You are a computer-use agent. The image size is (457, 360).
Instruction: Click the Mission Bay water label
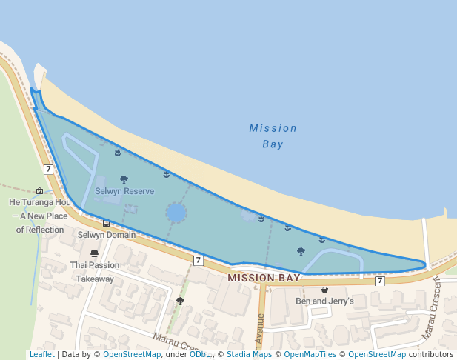[x=273, y=136]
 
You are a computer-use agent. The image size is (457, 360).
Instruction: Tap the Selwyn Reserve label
[x=124, y=191]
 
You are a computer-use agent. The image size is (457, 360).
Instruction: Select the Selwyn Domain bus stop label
[x=107, y=235]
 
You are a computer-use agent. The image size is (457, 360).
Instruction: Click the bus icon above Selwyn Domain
[x=107, y=224]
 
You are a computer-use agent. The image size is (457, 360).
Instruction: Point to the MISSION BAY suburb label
[x=264, y=278]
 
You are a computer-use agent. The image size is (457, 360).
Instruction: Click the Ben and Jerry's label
[x=325, y=301]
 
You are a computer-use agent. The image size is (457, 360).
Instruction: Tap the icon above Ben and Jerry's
[x=324, y=290]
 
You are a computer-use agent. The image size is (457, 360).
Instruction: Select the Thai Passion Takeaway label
[x=94, y=272]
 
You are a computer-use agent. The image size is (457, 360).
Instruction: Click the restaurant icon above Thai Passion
[x=94, y=254]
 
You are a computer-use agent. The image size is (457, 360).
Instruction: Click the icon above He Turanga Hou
[x=39, y=191]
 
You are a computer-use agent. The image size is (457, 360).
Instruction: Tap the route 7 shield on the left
[x=48, y=169]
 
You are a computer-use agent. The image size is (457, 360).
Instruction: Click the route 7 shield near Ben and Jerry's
[x=380, y=281]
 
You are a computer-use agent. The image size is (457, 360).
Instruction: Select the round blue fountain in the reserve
[x=176, y=213]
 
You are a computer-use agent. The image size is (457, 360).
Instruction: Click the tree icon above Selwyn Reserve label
[x=124, y=179]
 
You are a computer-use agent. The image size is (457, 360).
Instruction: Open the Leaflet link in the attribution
[x=41, y=354]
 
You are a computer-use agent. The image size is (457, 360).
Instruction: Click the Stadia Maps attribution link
[x=249, y=354]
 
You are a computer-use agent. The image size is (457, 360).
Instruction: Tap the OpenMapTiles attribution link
[x=311, y=354]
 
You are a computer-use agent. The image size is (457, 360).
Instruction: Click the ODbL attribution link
[x=200, y=354]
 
